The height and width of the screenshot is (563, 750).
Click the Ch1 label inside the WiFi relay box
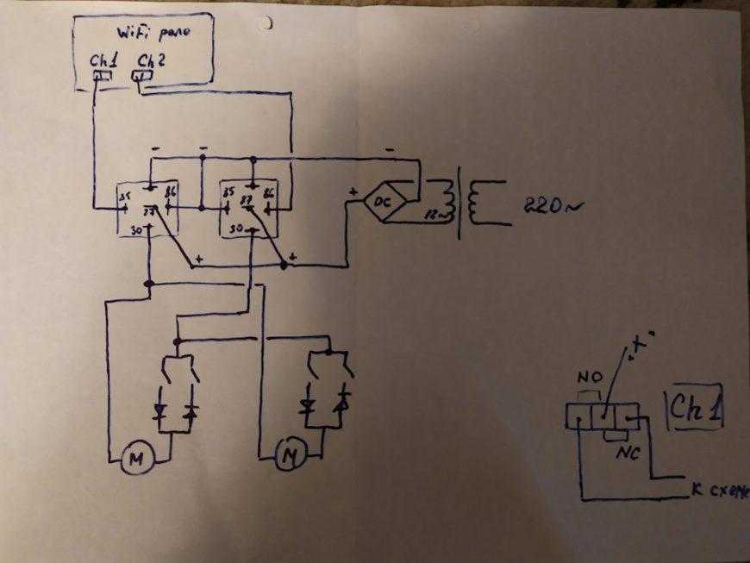coord(101,61)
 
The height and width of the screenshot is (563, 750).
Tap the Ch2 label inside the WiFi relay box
coord(146,61)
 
